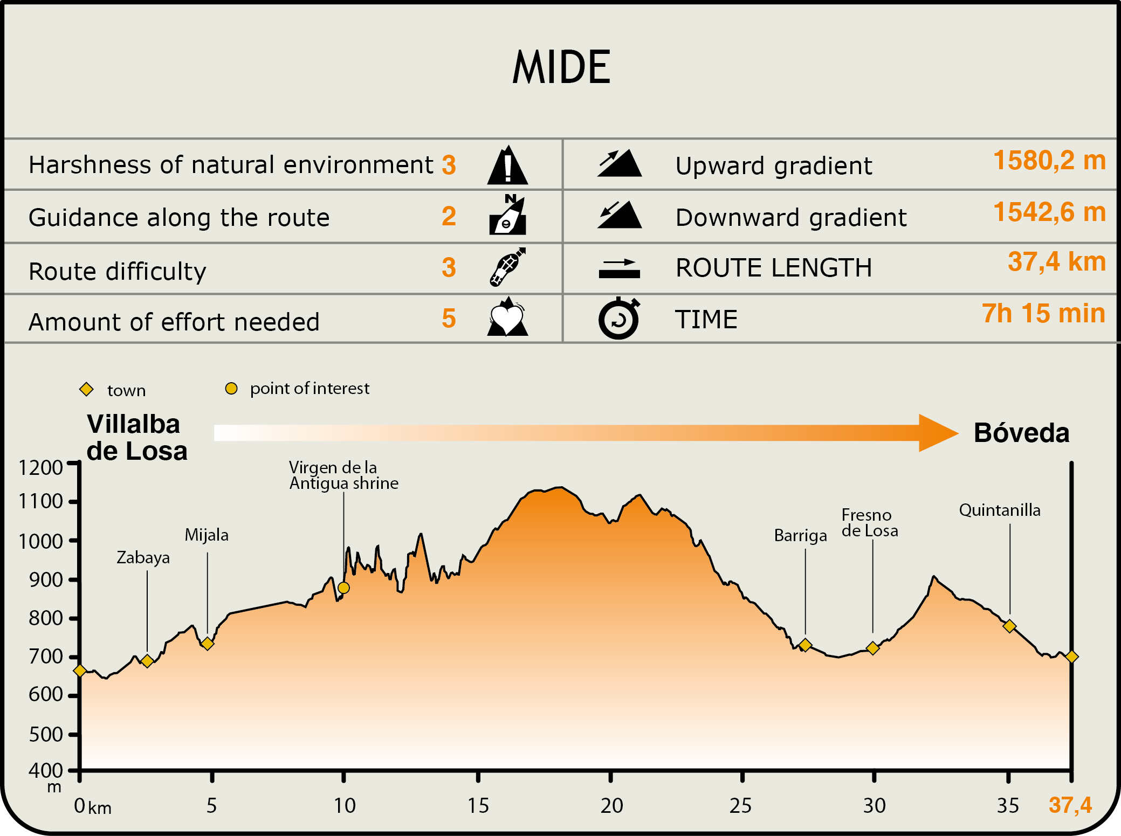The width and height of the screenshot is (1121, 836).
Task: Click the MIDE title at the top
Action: click(561, 67)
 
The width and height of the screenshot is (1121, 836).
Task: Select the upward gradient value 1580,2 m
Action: click(1049, 161)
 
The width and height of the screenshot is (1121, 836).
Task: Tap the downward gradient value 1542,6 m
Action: click(1049, 212)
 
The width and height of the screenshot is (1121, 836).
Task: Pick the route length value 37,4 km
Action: click(1056, 262)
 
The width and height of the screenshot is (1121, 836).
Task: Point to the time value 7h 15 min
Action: click(1043, 314)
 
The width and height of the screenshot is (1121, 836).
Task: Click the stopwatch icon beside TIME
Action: click(619, 319)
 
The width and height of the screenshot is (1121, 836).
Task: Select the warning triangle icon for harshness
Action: click(507, 165)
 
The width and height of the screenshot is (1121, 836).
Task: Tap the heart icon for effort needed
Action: click(507, 318)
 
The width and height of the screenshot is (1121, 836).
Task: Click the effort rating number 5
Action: click(449, 319)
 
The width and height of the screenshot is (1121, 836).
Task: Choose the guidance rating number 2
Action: click(449, 217)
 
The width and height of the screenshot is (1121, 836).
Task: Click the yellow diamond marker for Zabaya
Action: click(147, 661)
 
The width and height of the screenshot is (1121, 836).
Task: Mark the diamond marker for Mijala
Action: click(208, 644)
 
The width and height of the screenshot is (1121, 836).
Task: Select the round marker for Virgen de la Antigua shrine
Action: click(343, 588)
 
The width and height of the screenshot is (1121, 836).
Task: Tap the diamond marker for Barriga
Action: click(805, 645)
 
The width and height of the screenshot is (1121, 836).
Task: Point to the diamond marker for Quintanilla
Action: click(1009, 626)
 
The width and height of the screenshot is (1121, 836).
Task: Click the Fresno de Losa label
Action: click(869, 523)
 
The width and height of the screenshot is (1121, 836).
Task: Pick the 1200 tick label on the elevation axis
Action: click(41, 468)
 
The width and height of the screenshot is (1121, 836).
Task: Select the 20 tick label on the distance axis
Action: click(611, 806)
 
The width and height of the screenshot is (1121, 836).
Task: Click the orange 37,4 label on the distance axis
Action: click(1070, 805)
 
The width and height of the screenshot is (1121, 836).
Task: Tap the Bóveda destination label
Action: click(1021, 433)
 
